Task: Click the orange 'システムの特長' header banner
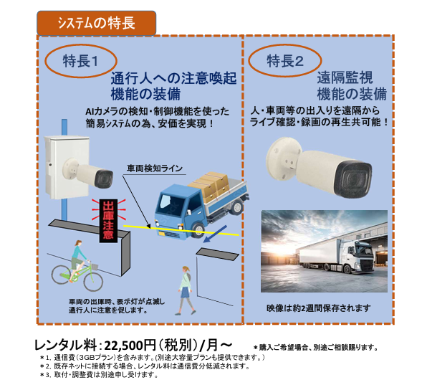point(96,23)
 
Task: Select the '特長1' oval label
point(81,61)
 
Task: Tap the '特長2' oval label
point(284,61)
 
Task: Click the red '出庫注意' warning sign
point(108,221)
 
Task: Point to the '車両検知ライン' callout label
point(155,168)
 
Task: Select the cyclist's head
point(78,242)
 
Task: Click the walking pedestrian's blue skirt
point(186,293)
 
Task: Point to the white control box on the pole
point(67,167)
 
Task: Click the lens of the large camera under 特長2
point(354,180)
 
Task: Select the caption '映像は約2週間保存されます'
point(318,308)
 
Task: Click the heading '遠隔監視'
point(345,78)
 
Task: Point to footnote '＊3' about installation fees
point(99,374)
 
